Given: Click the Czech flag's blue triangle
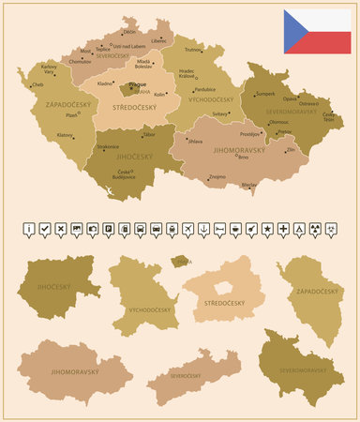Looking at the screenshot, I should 297,31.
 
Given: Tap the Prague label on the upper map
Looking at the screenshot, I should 137,84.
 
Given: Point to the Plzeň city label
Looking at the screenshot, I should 72,117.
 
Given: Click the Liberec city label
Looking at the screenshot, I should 158,41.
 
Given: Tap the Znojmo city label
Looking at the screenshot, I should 217,175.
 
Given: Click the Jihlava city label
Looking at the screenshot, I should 195,141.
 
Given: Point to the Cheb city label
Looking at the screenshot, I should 37,84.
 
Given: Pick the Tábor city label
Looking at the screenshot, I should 150,135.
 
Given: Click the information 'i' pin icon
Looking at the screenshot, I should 30,229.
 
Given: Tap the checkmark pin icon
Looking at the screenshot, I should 46,229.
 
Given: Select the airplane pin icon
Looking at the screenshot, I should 188,229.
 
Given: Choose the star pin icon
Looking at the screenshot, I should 268,229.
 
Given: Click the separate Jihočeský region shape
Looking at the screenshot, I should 54,287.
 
